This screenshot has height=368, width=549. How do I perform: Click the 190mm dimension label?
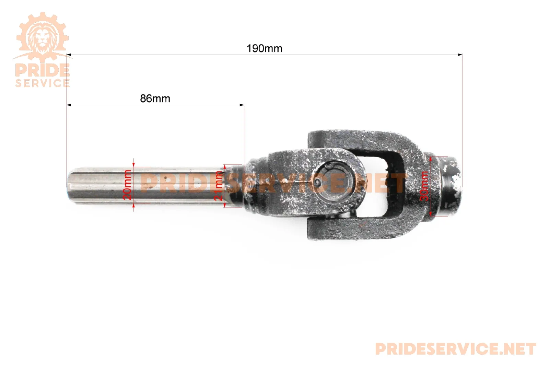coord(264,48)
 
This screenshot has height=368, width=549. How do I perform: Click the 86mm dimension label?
coord(155,99)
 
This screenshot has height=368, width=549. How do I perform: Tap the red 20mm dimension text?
coord(127,185)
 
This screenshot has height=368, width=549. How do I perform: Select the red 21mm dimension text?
coord(218,186)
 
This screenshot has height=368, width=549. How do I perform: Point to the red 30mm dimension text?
coord(424,186)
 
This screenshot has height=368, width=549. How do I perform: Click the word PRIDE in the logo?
coord(43,70)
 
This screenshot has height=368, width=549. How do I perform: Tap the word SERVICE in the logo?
coord(43,83)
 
